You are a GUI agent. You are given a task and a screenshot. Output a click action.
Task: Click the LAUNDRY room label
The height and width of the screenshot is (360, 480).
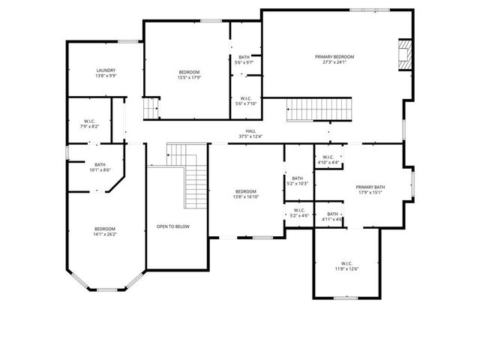105,70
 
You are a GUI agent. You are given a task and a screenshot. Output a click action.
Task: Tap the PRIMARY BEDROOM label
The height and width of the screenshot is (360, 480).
334,57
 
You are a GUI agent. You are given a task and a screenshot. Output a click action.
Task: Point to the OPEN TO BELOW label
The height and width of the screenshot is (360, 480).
172,226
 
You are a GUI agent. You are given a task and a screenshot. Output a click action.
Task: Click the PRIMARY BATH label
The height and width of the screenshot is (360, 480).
370,187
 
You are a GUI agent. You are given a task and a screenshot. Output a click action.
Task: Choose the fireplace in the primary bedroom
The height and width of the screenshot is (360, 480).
405,55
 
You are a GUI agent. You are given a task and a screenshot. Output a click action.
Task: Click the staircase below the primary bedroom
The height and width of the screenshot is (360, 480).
319,110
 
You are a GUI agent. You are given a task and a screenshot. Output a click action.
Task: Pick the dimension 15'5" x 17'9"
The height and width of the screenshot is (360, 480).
188,77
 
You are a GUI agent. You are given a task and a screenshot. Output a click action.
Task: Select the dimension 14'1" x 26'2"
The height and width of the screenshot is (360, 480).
105,234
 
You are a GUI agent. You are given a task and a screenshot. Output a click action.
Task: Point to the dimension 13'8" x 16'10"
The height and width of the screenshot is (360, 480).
245,197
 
